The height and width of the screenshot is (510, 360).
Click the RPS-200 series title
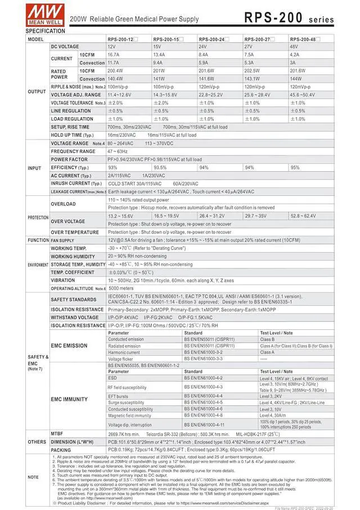pos(289,18)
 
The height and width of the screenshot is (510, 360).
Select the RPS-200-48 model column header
pos(304,39)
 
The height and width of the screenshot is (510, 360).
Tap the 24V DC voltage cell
pos(204,47)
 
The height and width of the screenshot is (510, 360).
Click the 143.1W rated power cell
pos(252,79)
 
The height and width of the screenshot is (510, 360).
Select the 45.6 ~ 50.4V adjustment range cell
pos(303,95)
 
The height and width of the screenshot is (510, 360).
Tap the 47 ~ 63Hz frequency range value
pos(118,151)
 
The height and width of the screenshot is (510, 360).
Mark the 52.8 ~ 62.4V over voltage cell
pos(303,216)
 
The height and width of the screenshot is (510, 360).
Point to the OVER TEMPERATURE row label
pos(75,232)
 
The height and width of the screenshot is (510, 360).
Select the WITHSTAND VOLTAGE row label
pos(74,317)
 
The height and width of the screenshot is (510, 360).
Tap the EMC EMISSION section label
pos(69,346)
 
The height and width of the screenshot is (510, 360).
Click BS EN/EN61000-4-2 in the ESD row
pos(203,378)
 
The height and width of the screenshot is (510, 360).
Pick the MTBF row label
pos(58,434)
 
